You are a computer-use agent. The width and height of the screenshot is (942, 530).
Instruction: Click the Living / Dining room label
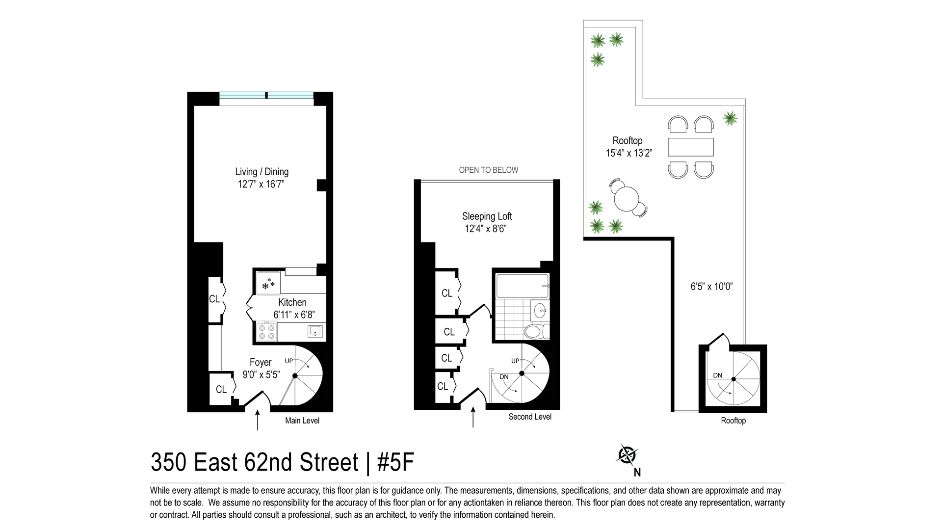[x=262, y=172]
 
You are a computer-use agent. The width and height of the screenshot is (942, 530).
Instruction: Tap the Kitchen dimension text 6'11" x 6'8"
[x=293, y=315]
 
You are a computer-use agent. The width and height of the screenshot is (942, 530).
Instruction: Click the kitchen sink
[x=314, y=331]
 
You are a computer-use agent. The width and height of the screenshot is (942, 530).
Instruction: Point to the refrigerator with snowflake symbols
[x=268, y=284]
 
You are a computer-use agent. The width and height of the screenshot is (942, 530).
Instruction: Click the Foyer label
[x=261, y=362]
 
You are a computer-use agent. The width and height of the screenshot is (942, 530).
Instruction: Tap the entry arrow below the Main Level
[x=258, y=421]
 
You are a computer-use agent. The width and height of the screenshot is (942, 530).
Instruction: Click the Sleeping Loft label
[x=487, y=216]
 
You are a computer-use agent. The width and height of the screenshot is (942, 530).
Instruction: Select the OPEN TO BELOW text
[x=488, y=170]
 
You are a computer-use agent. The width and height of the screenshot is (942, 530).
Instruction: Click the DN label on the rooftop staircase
[x=717, y=375]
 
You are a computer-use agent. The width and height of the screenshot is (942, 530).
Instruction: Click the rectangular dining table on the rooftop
[x=691, y=147]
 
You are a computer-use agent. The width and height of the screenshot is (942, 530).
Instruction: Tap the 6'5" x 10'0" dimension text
[x=711, y=287]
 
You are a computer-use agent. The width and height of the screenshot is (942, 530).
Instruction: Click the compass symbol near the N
[x=626, y=455]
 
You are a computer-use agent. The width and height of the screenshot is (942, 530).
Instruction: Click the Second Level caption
[x=530, y=417]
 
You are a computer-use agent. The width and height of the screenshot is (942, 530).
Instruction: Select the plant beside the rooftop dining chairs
[x=730, y=118]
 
